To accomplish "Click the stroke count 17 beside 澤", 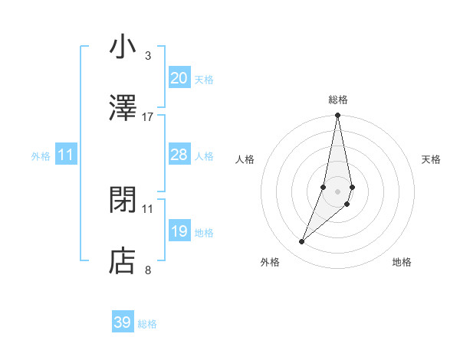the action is click(x=148, y=116).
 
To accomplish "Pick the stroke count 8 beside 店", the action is click(x=148, y=270).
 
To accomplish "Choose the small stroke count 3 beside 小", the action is click(x=148, y=55).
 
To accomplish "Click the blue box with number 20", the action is click(x=179, y=78).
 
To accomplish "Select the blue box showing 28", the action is click(x=179, y=155).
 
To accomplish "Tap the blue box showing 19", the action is click(x=179, y=231).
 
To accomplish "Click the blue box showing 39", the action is click(x=123, y=322).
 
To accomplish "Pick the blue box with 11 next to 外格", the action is click(x=66, y=155).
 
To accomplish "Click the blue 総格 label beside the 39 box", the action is click(x=147, y=324).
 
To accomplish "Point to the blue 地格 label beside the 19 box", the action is click(x=204, y=232).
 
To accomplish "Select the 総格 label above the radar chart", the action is click(x=337, y=100).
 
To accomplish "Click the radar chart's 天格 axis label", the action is click(x=432, y=159).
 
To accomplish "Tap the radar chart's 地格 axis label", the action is click(x=402, y=262).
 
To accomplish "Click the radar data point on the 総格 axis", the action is click(x=337, y=116).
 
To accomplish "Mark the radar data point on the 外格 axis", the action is click(x=302, y=242).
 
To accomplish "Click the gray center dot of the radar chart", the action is click(x=337, y=191).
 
